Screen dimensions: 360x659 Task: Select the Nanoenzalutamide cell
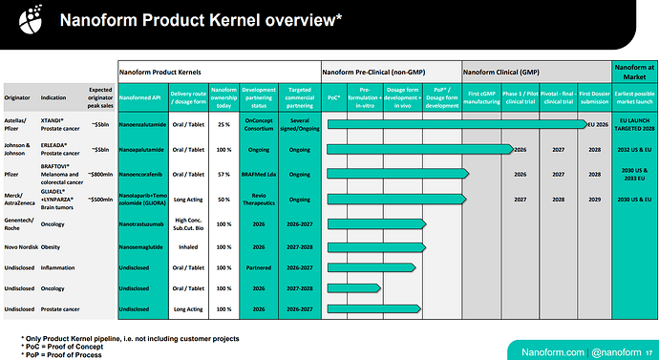(143, 124)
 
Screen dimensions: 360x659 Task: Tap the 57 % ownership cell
(223, 175)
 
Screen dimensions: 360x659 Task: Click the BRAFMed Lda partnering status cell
(258, 175)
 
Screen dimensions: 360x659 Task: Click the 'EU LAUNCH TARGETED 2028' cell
(633, 124)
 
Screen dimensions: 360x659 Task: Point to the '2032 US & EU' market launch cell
(633, 149)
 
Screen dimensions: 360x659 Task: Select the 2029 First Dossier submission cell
(594, 201)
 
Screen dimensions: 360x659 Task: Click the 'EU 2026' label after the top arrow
(598, 124)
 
